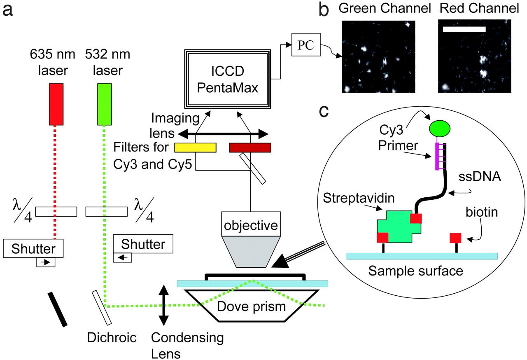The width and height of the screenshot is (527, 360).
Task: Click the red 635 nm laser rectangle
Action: click(56, 104)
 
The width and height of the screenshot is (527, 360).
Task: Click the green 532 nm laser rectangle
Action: click(105, 104)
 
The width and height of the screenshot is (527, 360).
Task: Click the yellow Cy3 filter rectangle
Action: click(195, 147)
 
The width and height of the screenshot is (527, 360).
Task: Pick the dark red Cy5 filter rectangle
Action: click(250, 147)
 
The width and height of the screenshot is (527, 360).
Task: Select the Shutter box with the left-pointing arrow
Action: click(143, 244)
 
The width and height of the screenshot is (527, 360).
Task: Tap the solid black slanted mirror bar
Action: click(58, 309)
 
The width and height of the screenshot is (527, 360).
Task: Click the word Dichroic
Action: click(111, 338)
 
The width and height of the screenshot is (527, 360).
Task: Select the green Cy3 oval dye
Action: click(440, 128)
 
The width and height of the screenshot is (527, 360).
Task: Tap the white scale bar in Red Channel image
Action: click(464, 30)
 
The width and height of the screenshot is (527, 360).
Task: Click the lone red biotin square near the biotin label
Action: click(455, 238)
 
